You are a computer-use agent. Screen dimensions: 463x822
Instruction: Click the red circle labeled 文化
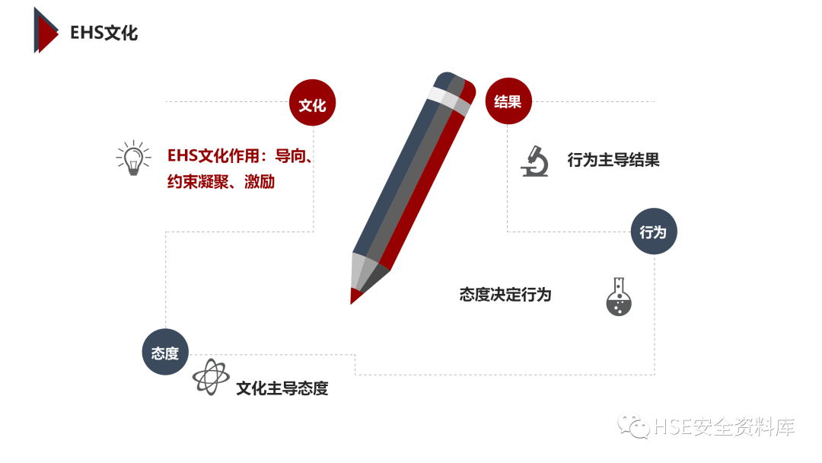click(x=312, y=104)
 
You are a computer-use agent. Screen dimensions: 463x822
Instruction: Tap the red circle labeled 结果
click(x=508, y=101)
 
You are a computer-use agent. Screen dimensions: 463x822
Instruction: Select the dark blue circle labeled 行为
click(x=653, y=231)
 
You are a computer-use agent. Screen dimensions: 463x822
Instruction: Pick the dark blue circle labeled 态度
click(x=165, y=353)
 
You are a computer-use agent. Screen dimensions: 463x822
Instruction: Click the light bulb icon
click(x=133, y=158)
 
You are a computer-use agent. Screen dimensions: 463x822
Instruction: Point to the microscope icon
click(x=535, y=161)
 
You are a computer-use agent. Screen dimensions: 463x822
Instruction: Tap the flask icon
click(x=619, y=297)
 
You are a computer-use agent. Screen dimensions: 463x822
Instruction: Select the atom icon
click(x=209, y=377)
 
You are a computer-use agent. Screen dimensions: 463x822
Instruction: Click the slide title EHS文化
click(x=104, y=33)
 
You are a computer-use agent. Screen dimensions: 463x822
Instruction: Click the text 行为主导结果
click(x=613, y=160)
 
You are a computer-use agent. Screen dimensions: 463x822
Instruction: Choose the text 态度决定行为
click(x=505, y=294)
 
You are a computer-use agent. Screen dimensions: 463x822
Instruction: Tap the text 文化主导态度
click(x=282, y=388)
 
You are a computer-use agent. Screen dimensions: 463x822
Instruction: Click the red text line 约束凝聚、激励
click(x=221, y=183)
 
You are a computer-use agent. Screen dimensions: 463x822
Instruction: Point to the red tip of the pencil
click(x=355, y=295)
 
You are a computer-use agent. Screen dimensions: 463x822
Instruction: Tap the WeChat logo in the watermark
click(x=633, y=426)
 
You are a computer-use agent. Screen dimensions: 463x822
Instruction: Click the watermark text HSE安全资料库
click(x=724, y=427)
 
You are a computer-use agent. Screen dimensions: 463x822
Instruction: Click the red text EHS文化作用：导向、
click(x=241, y=157)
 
